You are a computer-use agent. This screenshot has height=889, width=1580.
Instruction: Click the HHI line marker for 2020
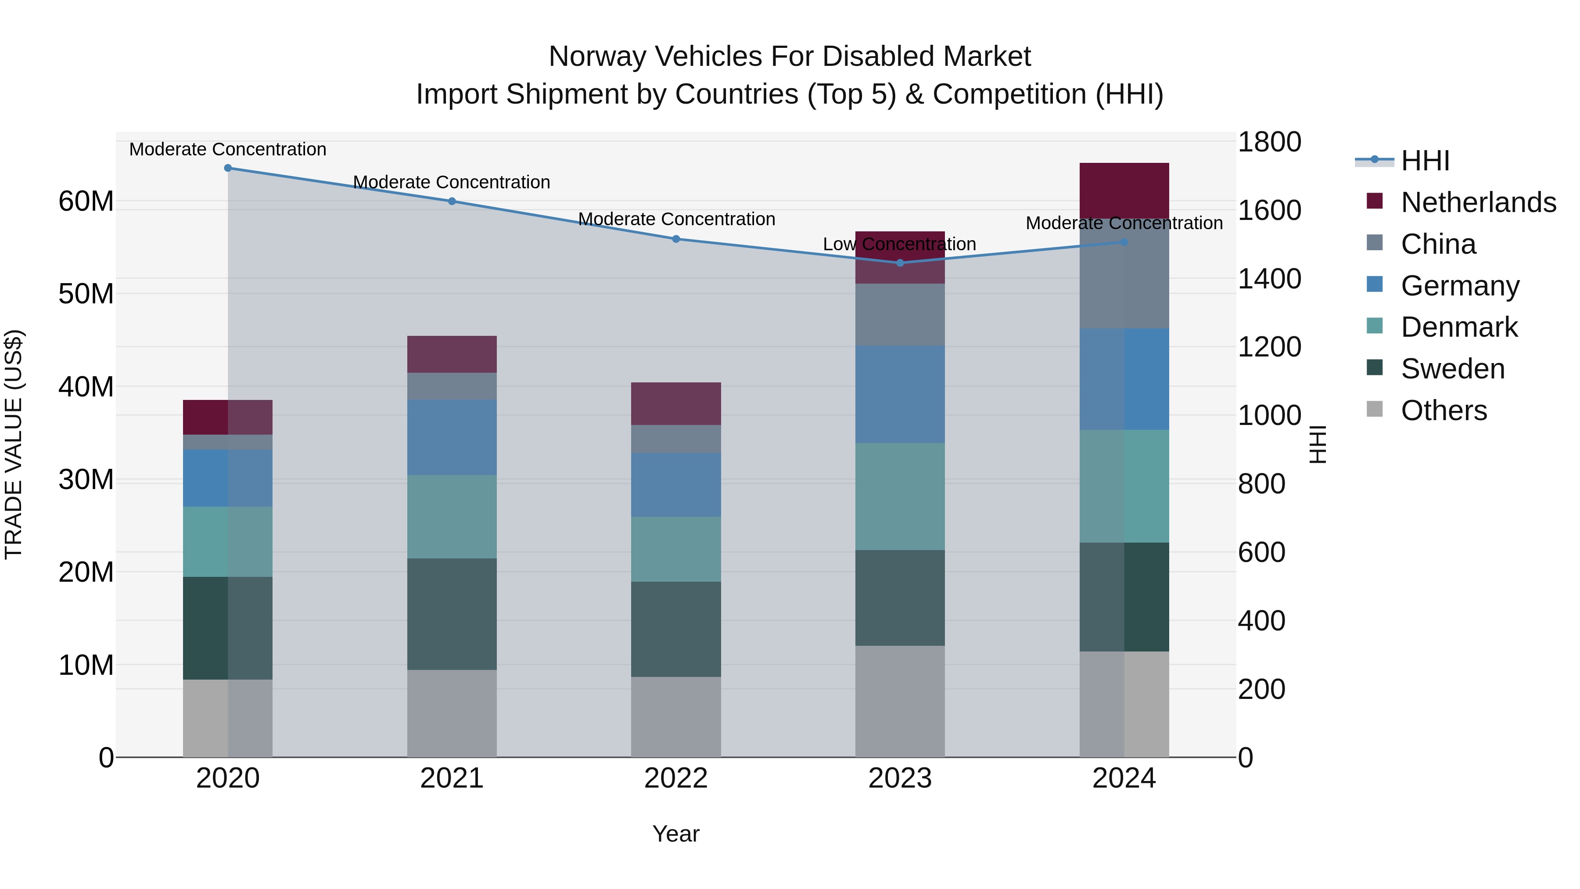click(227, 168)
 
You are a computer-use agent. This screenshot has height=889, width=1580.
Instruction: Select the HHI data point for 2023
click(900, 263)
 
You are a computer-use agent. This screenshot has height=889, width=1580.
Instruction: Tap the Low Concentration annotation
click(899, 244)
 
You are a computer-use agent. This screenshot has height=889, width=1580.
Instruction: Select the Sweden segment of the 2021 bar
click(452, 614)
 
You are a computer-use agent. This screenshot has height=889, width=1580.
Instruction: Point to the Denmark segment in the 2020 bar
click(227, 541)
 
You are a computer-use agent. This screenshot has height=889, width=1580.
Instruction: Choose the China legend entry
click(1438, 244)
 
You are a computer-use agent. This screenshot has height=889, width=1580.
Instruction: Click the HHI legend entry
click(1424, 161)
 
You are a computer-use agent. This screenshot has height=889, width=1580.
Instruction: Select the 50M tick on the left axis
click(86, 294)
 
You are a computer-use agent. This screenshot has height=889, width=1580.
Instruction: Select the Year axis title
click(676, 834)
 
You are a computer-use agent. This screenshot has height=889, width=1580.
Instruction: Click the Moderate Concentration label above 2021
click(452, 182)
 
